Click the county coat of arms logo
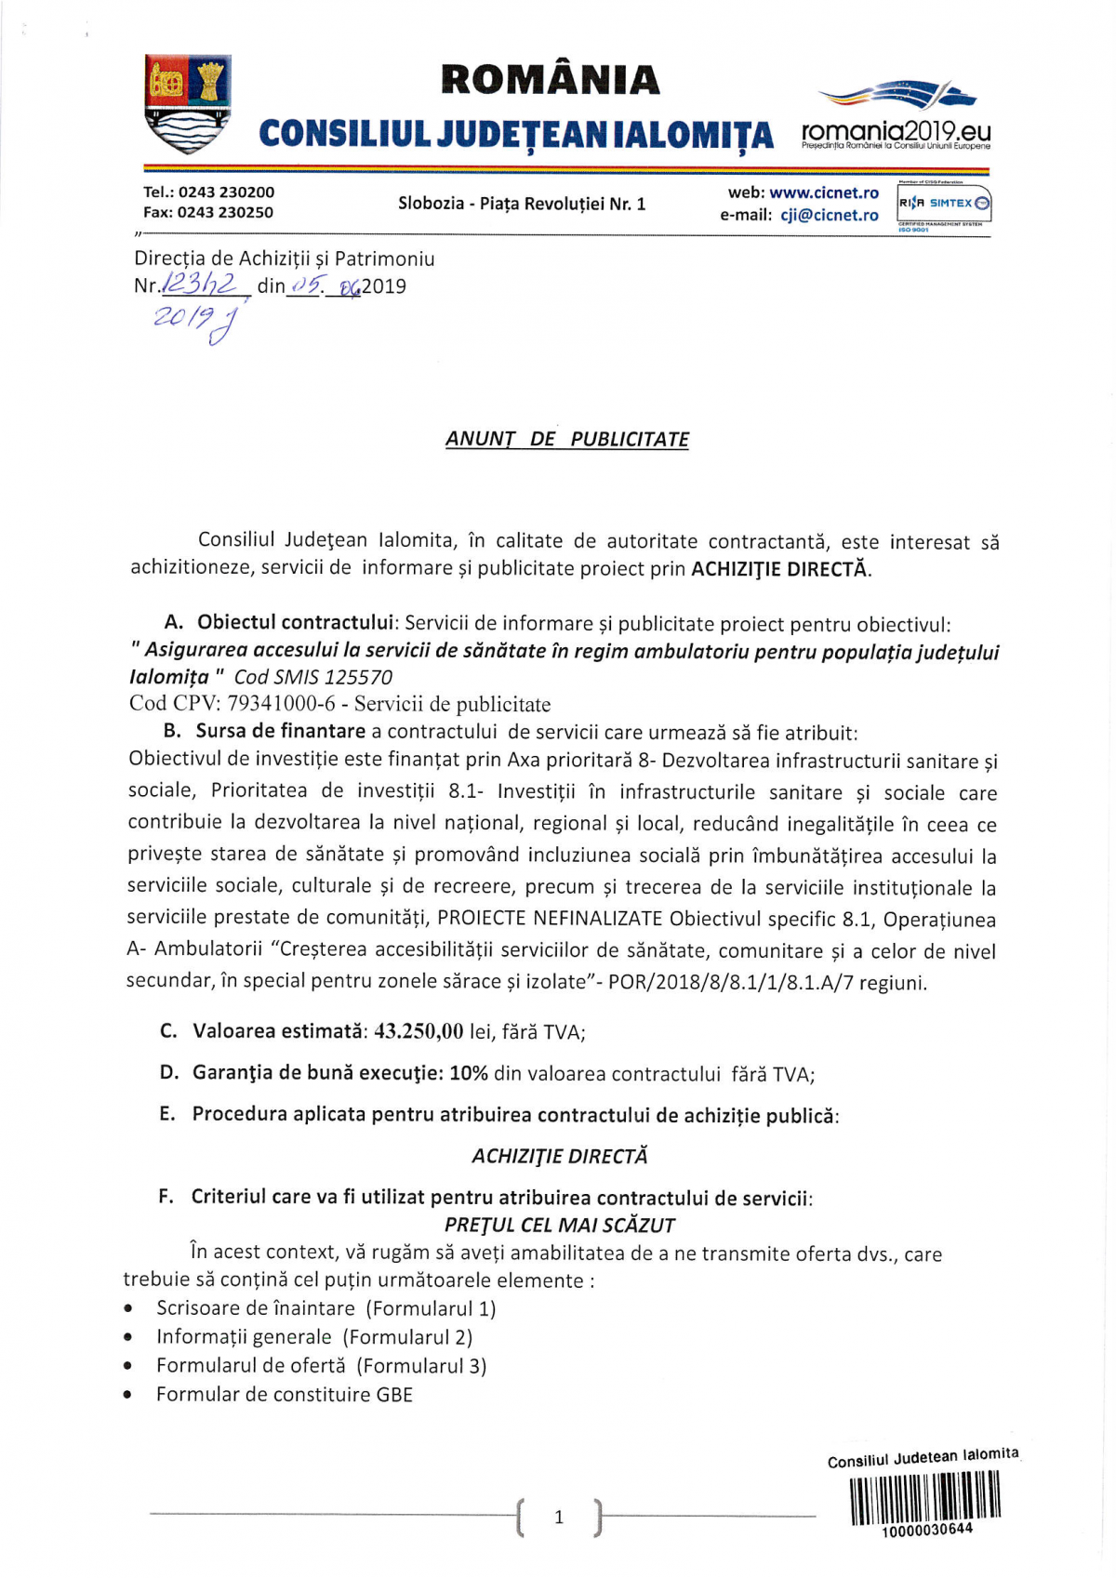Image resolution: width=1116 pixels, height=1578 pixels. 188,104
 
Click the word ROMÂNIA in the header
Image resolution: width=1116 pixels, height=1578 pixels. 551,81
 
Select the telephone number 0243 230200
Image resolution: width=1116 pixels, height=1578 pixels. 226,192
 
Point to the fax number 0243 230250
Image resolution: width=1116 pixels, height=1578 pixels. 226,213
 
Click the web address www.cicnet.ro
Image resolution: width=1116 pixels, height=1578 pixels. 823,193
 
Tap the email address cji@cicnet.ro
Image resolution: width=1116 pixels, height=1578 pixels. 829,216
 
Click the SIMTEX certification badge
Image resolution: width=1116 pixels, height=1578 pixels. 943,204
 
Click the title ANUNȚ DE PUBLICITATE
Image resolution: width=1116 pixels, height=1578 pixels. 567,440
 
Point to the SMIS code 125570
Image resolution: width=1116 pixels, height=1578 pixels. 358,678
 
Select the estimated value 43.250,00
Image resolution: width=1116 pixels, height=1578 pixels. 418,1031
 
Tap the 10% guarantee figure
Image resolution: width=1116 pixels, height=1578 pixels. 469,1073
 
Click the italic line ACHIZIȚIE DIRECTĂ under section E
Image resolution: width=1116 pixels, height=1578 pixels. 560,1156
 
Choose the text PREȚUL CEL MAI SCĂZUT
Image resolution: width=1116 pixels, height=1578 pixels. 560,1225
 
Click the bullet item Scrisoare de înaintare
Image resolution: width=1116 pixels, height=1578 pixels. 325,1308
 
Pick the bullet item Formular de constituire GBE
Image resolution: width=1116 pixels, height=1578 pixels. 284,1395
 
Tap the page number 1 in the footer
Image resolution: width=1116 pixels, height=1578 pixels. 559,1518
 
